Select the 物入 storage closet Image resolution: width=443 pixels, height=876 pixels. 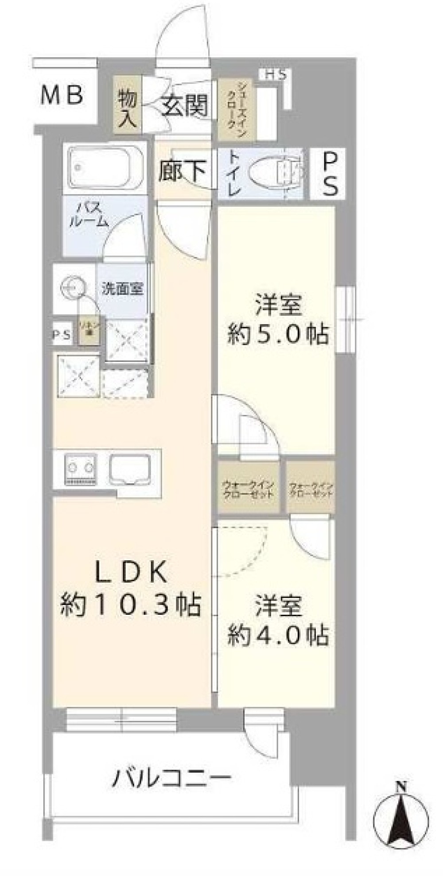127,105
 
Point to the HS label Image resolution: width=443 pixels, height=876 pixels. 276,75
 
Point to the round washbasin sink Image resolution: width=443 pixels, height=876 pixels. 71,287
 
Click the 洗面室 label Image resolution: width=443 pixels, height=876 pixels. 122,289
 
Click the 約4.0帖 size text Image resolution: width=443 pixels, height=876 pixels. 278,636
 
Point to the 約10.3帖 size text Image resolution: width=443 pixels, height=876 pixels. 131,605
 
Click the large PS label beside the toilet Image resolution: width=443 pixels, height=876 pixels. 330,173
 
